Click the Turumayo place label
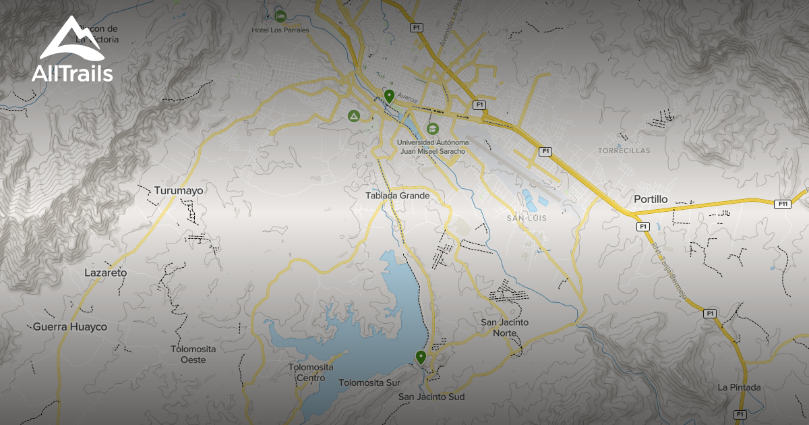179,191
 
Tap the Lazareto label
106,273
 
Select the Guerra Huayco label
70,327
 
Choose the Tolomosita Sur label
369,383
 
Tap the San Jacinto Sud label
431,397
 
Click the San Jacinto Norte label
505,327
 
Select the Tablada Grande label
398,196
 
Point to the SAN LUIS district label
527,219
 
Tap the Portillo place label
651,200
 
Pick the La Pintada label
740,387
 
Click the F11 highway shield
782,204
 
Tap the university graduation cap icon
432,128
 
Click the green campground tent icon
353,116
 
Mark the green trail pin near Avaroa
389,96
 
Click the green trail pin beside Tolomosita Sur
421,357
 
